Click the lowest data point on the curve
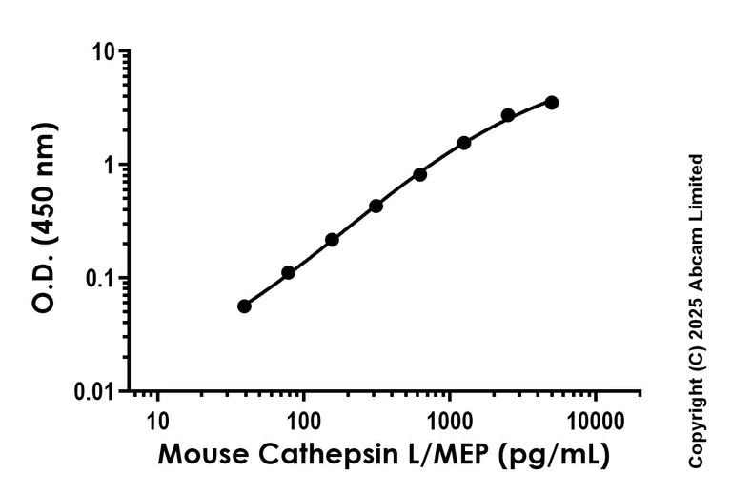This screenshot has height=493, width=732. click(244, 306)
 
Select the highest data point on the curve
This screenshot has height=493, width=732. click(552, 102)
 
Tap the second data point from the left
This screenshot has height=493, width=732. click(288, 272)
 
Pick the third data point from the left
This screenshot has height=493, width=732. click(332, 239)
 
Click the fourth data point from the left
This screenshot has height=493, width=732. click(376, 206)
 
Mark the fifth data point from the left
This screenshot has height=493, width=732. click(419, 174)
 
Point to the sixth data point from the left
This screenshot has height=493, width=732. click(464, 143)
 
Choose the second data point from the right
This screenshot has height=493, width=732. click(508, 115)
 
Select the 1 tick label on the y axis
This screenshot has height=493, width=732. click(111, 165)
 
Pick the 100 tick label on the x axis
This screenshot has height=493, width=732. click(303, 418)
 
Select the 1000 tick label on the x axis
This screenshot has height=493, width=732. click(449, 418)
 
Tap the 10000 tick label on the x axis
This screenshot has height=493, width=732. click(595, 418)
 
